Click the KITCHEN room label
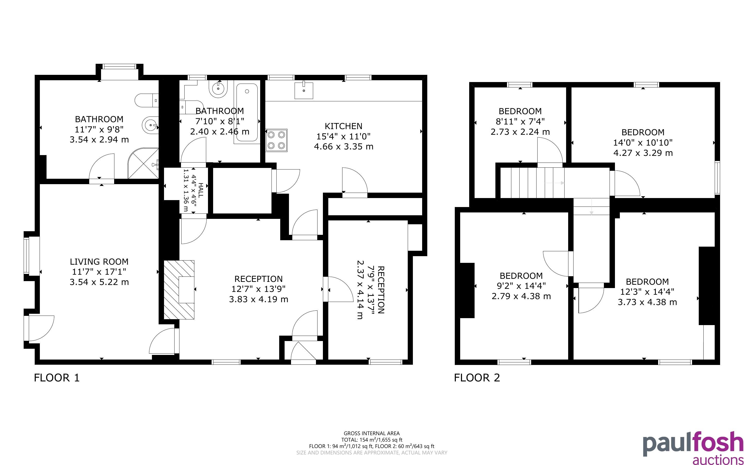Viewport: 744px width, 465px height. coord(343,126)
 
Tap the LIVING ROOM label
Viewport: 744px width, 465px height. coord(99,262)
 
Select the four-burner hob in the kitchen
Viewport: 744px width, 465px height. coord(277,140)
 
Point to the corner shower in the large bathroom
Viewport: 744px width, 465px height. coord(143,163)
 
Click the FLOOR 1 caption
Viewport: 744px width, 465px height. coord(57,378)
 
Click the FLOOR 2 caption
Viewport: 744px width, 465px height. coord(477,378)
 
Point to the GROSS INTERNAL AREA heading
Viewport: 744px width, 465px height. coord(371,434)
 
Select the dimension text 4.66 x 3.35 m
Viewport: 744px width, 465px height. coord(343,146)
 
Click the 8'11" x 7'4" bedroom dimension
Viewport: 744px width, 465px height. coord(520,121)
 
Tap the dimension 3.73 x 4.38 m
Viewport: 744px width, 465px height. coord(647,302)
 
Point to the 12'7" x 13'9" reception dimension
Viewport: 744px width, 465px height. coord(258,289)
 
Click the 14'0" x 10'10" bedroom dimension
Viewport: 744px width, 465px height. coord(643,143)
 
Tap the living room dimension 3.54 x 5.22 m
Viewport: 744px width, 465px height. coord(99,282)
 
